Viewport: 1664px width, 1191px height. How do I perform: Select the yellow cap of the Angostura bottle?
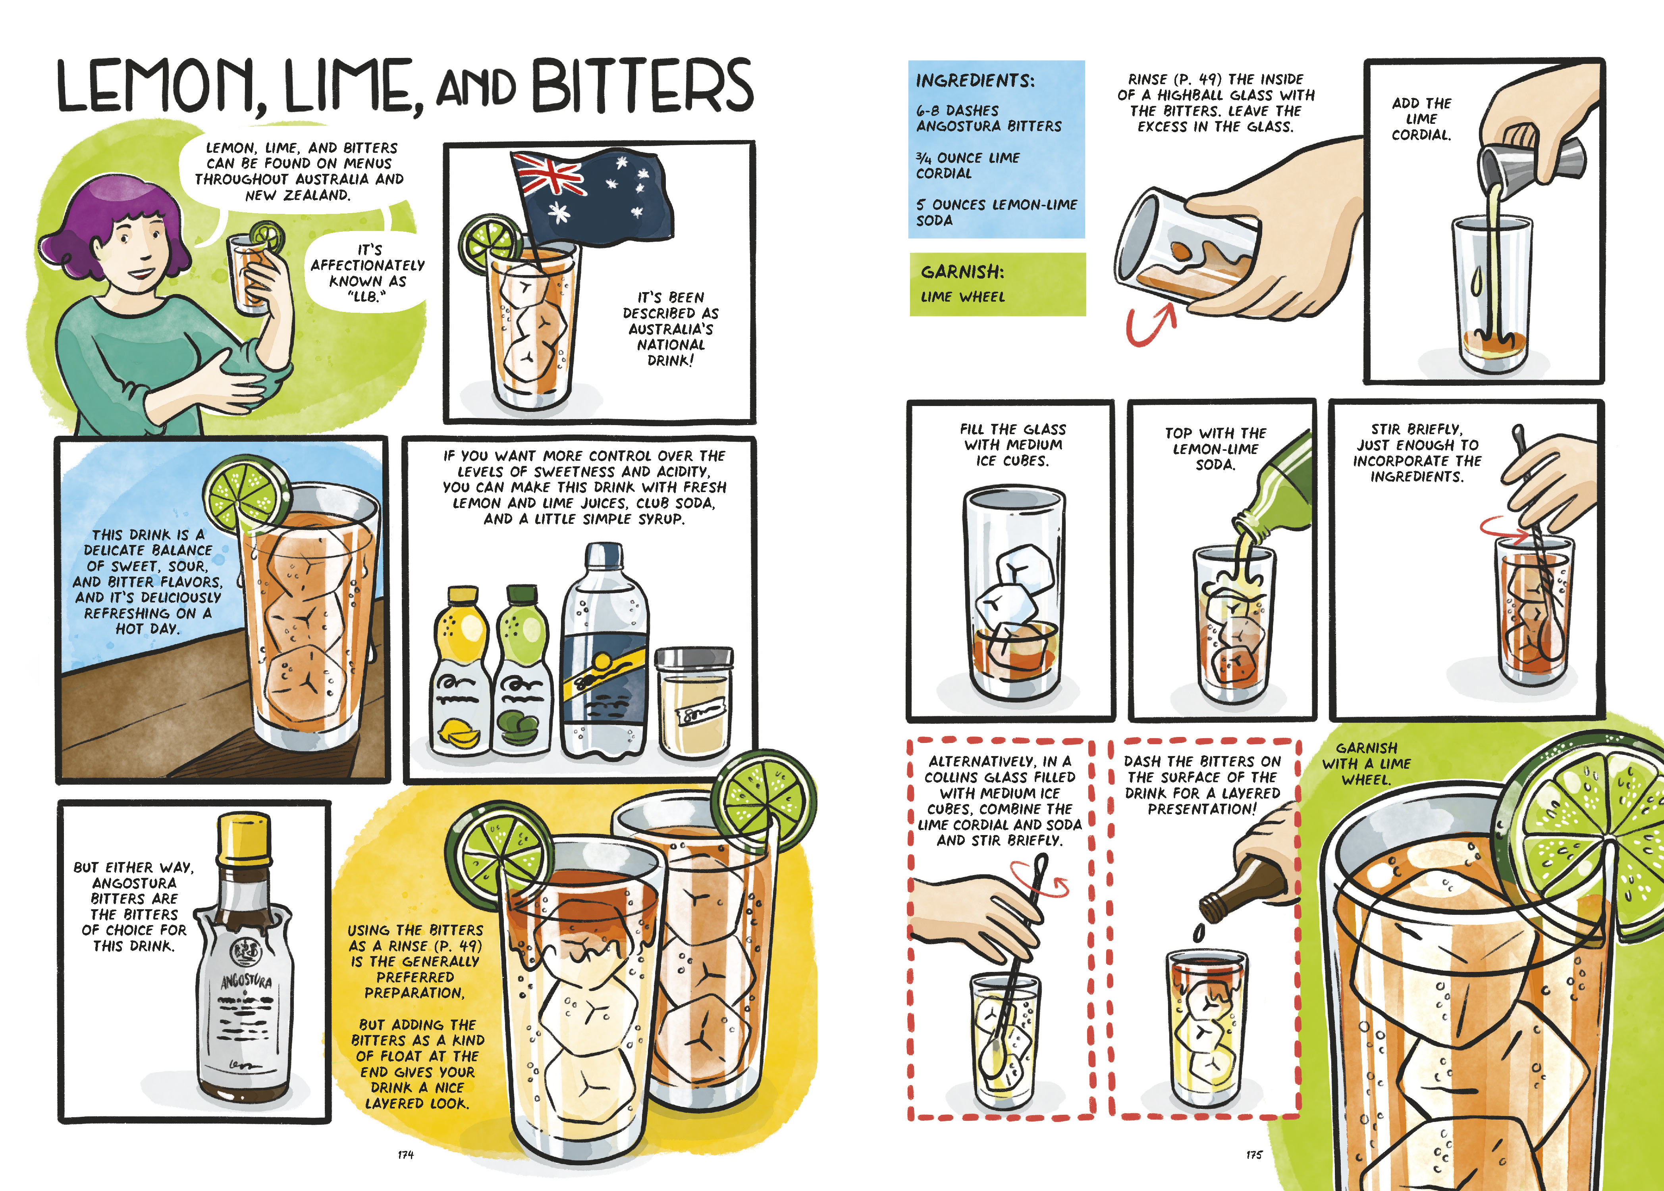[x=244, y=836]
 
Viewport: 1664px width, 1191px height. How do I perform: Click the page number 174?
[x=406, y=1154]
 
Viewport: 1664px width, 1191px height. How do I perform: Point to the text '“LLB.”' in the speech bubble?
[x=366, y=297]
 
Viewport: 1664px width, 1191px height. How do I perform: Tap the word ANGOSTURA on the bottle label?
[x=247, y=981]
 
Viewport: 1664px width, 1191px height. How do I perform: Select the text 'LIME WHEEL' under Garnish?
[x=962, y=297]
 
